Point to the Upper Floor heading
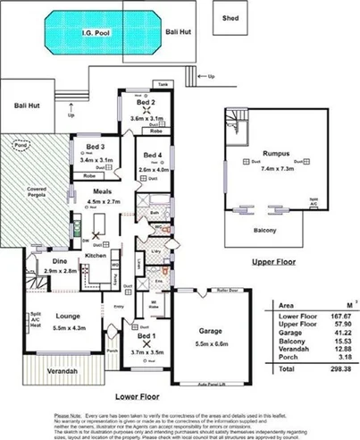pyautogui.click(x=273, y=262)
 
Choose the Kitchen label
pyautogui.click(x=96, y=257)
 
